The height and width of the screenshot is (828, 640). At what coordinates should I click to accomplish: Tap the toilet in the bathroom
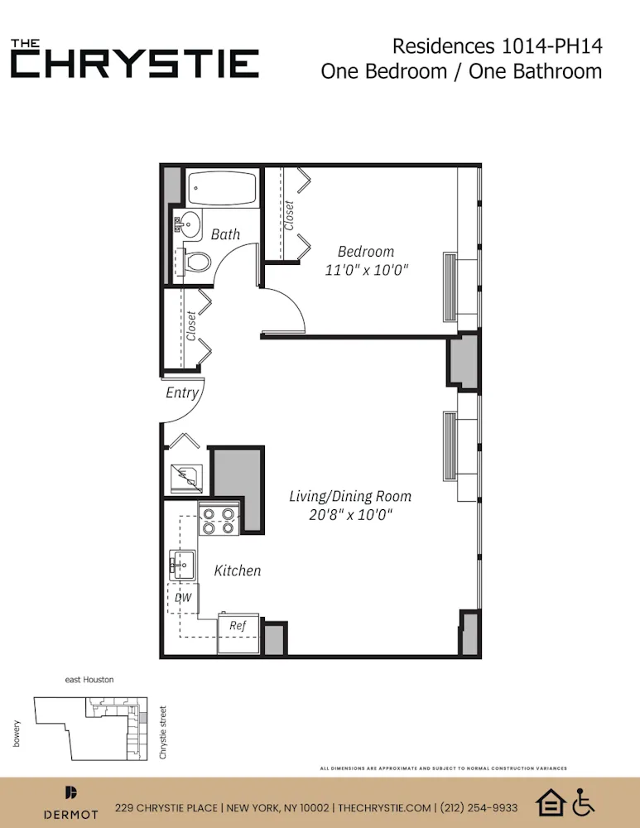click(x=195, y=261)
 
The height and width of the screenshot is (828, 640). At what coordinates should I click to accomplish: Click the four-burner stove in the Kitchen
click(x=219, y=519)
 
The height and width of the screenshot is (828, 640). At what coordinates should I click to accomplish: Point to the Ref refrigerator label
click(x=238, y=625)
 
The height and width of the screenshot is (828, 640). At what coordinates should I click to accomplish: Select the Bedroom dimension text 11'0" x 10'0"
click(x=366, y=270)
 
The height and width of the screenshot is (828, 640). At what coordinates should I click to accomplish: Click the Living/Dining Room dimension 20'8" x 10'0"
click(x=350, y=514)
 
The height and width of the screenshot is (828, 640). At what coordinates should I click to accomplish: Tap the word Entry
click(x=182, y=392)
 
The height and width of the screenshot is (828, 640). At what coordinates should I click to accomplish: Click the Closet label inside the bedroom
click(x=289, y=215)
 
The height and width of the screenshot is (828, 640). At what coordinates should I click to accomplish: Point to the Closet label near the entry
click(x=191, y=326)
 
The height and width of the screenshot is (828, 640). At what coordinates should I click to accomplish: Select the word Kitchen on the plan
click(x=238, y=570)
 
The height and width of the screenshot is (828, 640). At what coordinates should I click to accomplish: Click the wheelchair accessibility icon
click(x=584, y=802)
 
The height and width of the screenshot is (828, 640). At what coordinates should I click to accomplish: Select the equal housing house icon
click(x=550, y=802)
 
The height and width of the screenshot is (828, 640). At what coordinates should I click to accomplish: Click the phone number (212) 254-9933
click(x=480, y=807)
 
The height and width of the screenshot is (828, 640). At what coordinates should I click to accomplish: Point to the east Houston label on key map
click(x=89, y=680)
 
